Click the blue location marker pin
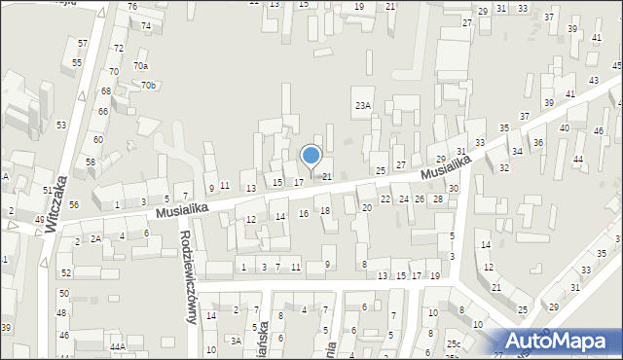[311, 157]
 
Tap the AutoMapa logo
[556, 340]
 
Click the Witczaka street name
[55, 205]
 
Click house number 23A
[363, 105]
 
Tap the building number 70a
[141, 66]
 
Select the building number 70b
[148, 86]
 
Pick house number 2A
[95, 238]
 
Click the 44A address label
[118, 346]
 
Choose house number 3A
[236, 341]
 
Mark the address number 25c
[454, 343]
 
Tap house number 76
[132, 7]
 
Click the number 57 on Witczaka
[83, 44]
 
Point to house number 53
[61, 126]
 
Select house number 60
[98, 140]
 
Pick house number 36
[537, 143]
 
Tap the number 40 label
[564, 128]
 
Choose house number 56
[73, 204]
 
